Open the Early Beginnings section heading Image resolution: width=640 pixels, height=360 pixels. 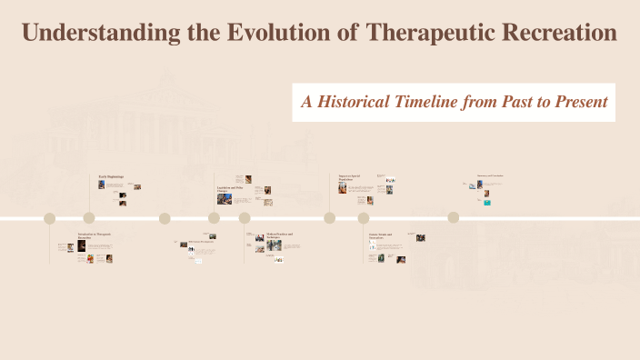click(111, 175)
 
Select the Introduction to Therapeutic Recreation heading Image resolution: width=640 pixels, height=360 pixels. click(94, 235)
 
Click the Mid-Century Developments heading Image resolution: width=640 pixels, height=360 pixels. click(200, 241)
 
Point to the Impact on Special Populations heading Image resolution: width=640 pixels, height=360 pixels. click(351, 178)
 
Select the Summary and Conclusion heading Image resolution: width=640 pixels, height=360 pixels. click(490, 175)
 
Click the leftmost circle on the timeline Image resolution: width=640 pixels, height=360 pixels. click(50, 218)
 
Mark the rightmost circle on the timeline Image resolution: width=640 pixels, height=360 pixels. click(453, 218)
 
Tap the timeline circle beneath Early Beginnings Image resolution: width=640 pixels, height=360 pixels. click(89, 218)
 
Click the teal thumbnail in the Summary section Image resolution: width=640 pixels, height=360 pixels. click(487, 203)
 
